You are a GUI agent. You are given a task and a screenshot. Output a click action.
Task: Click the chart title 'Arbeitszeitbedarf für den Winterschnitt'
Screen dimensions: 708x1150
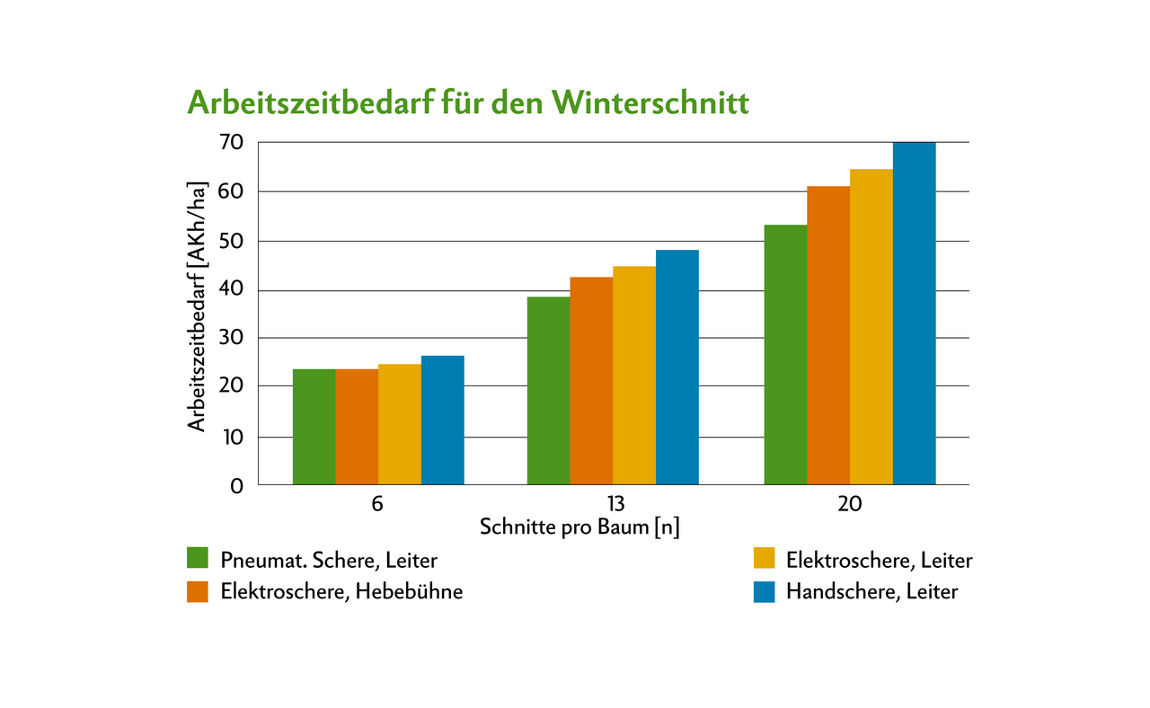(x=467, y=102)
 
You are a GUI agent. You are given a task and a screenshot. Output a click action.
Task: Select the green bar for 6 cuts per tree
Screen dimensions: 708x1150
(x=314, y=427)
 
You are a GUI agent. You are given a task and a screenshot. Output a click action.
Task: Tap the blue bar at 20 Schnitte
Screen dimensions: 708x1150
(x=914, y=314)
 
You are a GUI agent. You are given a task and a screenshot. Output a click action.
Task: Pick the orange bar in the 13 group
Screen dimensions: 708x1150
(x=591, y=381)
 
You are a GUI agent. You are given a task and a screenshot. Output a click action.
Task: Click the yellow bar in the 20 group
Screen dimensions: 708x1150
(x=871, y=327)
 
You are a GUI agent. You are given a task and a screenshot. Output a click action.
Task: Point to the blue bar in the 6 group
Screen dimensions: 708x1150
(x=442, y=420)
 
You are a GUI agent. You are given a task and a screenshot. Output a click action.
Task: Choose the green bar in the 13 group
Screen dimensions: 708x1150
(x=548, y=391)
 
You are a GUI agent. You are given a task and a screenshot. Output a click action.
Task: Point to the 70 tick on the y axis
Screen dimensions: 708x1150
(x=231, y=142)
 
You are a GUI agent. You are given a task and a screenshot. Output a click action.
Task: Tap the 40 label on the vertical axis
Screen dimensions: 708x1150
(x=231, y=290)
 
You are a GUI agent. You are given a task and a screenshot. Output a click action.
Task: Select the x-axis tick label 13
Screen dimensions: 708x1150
(x=613, y=504)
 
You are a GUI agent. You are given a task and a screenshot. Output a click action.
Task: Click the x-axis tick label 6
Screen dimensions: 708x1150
(x=377, y=504)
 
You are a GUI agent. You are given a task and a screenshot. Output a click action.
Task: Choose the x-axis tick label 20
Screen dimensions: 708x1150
(x=849, y=504)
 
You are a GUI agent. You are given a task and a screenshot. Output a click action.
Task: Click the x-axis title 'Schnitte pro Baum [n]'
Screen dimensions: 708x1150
(x=579, y=527)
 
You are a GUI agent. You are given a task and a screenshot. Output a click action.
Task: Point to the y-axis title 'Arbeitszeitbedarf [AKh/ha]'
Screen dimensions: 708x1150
(x=198, y=305)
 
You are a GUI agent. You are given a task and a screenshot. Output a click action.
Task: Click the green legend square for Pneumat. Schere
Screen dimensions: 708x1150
(x=198, y=559)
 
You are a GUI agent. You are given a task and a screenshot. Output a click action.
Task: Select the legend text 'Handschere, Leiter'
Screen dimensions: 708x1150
(x=871, y=591)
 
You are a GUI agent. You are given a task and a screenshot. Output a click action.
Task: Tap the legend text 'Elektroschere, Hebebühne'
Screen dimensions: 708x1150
(x=341, y=591)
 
